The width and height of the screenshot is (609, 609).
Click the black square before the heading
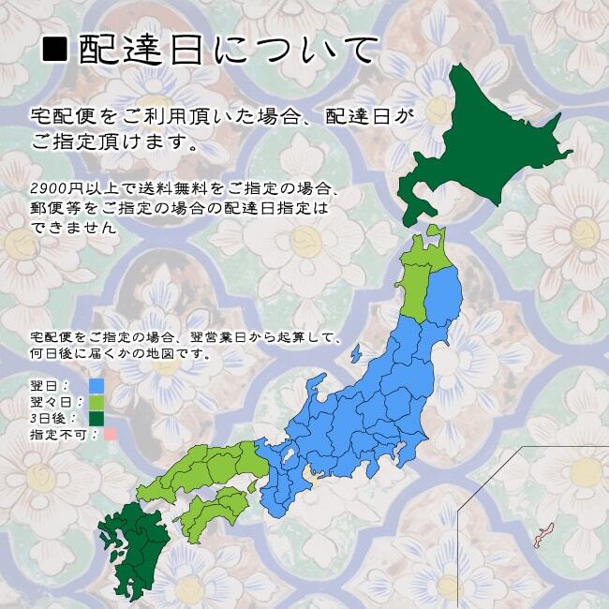click(56, 50)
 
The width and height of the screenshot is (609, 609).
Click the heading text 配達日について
click(230, 50)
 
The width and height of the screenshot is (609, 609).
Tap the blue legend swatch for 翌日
click(96, 385)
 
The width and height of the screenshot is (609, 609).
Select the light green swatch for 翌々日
click(96, 402)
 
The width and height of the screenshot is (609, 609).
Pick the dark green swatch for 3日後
click(96, 418)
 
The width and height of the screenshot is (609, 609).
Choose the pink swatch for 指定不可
click(110, 434)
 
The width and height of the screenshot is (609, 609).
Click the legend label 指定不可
click(52, 435)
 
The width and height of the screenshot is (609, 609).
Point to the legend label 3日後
click(47, 418)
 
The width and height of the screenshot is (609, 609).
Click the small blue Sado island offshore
click(356, 354)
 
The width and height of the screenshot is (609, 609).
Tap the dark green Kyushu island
click(131, 543)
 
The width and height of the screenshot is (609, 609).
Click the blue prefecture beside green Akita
click(443, 295)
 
